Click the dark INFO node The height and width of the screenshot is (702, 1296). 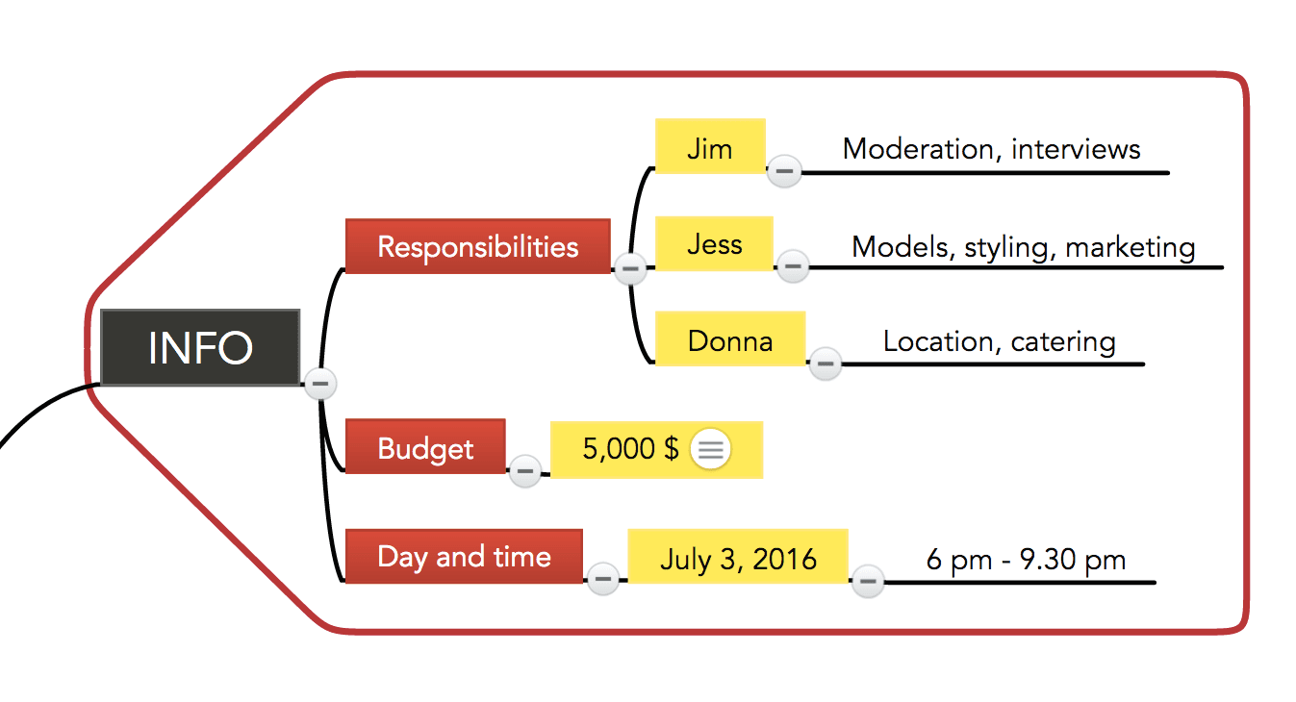(x=200, y=347)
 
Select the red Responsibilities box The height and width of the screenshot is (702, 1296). (x=478, y=246)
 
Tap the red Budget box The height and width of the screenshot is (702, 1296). (x=425, y=446)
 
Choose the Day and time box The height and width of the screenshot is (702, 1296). (x=464, y=556)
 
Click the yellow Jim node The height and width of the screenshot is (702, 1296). (x=710, y=146)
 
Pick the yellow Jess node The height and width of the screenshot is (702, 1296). (x=714, y=243)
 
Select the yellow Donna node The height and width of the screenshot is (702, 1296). (x=730, y=338)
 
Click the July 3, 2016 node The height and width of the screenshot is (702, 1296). (x=738, y=556)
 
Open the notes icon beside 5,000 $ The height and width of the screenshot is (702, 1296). (x=710, y=449)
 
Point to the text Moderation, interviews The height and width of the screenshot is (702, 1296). (x=991, y=149)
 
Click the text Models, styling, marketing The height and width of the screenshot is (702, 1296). (x=1024, y=247)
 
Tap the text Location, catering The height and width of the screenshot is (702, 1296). (x=1000, y=341)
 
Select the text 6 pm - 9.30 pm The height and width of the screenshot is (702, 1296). (x=1026, y=560)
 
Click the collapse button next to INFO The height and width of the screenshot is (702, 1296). (x=320, y=384)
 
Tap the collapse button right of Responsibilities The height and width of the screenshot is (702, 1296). (x=630, y=269)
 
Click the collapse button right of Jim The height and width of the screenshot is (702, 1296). (x=784, y=171)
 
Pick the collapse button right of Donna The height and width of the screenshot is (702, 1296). (x=826, y=364)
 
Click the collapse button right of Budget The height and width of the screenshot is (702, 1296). (x=524, y=471)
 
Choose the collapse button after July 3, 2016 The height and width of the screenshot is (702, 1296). (x=868, y=581)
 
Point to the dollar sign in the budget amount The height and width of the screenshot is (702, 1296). (x=672, y=448)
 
